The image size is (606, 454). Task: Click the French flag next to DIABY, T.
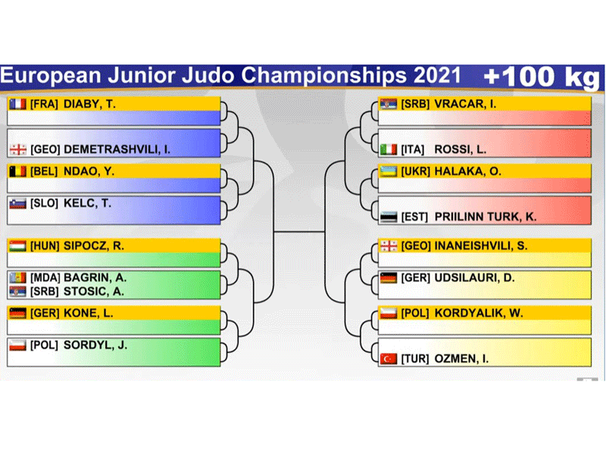[17, 104]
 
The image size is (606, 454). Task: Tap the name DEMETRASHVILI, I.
[117, 149]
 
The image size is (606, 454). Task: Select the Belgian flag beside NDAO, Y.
[17, 172]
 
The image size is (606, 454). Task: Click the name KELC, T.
[87, 203]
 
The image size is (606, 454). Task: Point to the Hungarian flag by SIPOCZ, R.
[17, 246]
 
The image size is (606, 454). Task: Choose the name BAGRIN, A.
[95, 278]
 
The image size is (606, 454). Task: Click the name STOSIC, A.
[94, 291]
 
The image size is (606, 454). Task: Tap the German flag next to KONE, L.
[17, 313]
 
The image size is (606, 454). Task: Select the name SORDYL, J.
[95, 345]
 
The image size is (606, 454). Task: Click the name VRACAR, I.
[465, 104]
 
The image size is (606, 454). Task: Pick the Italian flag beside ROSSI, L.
[389, 149]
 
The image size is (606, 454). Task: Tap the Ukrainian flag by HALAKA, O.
[389, 172]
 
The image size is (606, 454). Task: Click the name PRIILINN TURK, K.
[486, 217]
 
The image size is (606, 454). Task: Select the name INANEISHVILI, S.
[481, 246]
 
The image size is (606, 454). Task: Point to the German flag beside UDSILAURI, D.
[389, 278]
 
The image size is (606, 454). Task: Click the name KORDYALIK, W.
[479, 313]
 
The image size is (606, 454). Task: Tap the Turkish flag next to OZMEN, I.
[389, 359]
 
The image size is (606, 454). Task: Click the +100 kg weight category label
[542, 77]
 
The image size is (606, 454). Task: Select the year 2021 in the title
[437, 75]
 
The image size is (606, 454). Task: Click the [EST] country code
[414, 217]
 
